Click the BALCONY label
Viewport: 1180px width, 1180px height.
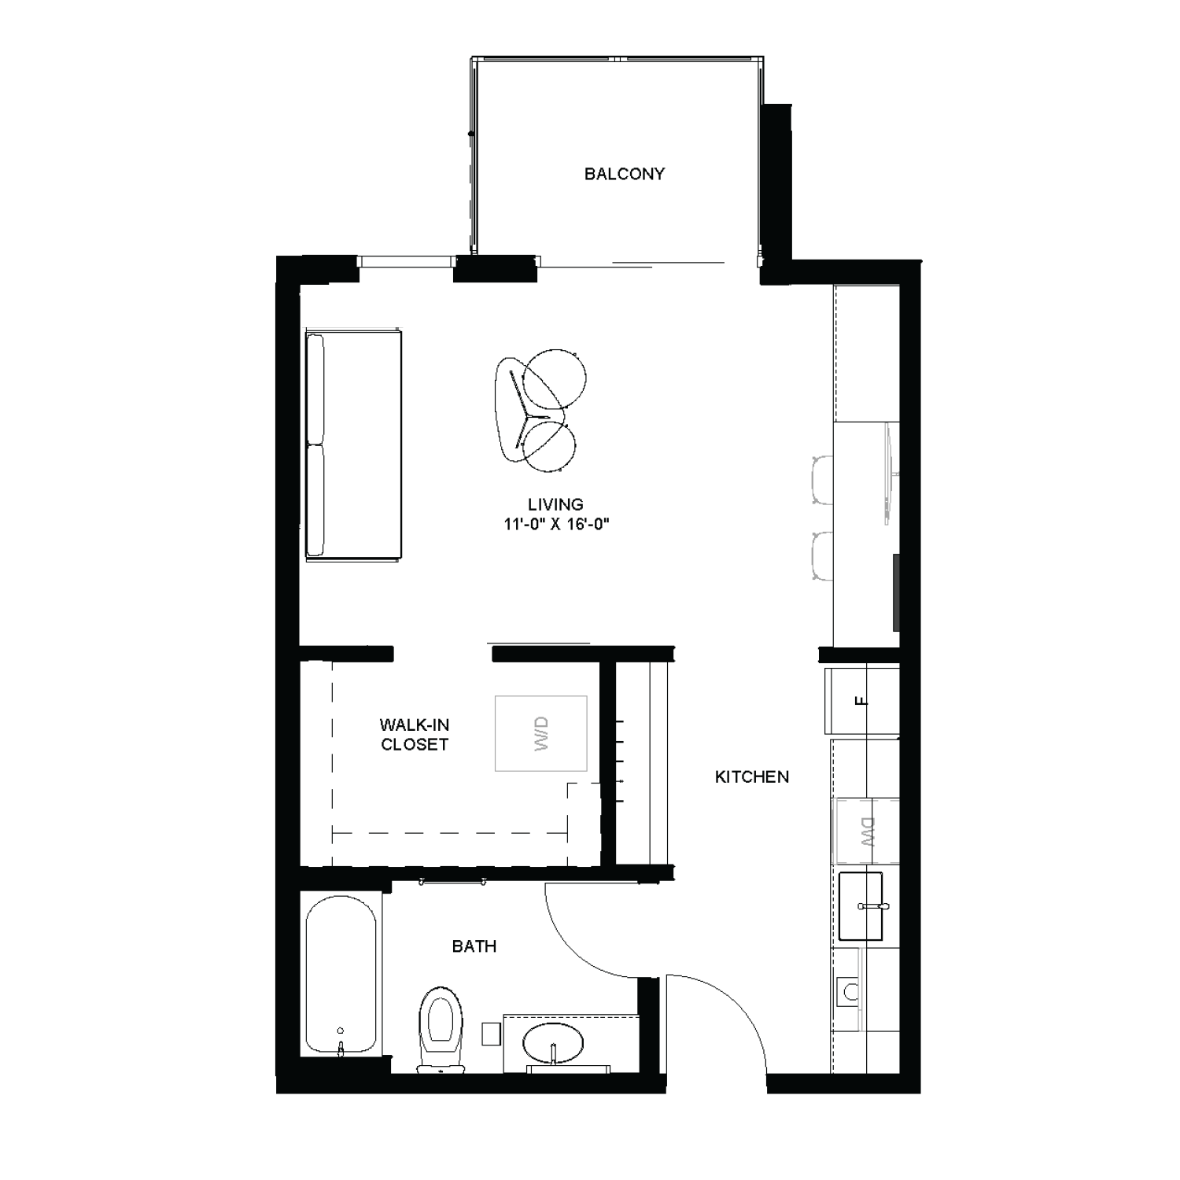pyautogui.click(x=624, y=174)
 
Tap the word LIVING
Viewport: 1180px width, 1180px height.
pyautogui.click(x=555, y=504)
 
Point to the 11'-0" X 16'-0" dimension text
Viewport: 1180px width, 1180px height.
pyautogui.click(x=557, y=524)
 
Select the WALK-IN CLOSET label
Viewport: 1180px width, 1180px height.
pyautogui.click(x=415, y=735)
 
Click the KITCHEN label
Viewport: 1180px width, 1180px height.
pyautogui.click(x=751, y=777)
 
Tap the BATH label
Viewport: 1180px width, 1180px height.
pyautogui.click(x=474, y=946)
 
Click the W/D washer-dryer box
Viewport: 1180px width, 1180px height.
pyautogui.click(x=540, y=733)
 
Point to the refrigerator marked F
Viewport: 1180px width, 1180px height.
pyautogui.click(x=862, y=701)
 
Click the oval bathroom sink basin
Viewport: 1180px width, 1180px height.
pyautogui.click(x=554, y=1043)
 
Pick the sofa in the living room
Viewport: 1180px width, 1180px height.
pyautogui.click(x=353, y=445)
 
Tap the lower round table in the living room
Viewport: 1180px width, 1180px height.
pyautogui.click(x=549, y=447)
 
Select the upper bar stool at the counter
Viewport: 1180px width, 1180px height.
pyautogui.click(x=822, y=480)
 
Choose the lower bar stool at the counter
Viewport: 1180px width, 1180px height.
pyautogui.click(x=822, y=555)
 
